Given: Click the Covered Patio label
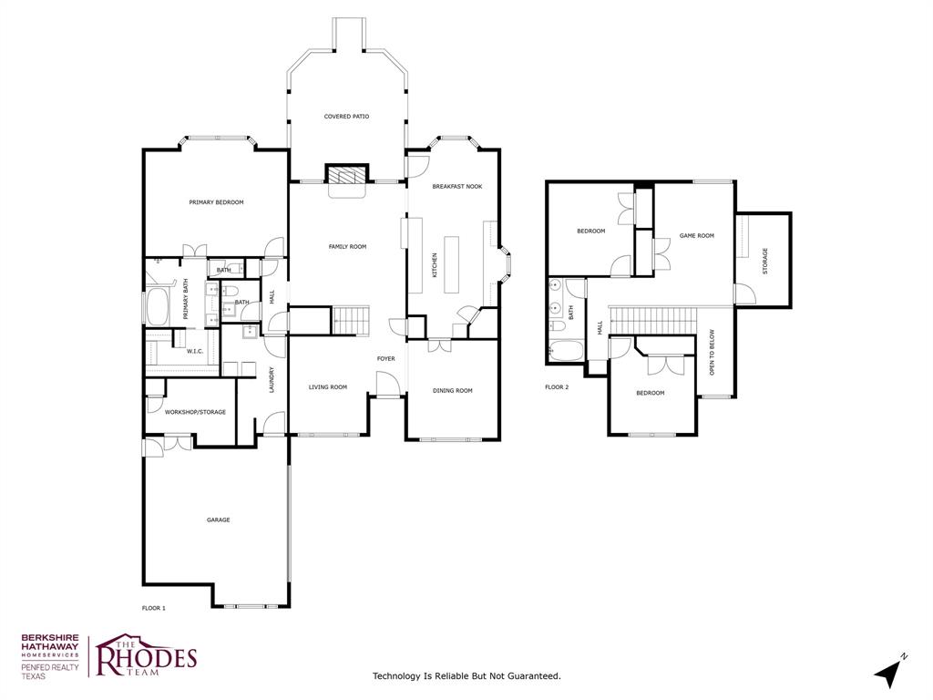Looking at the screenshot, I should (x=346, y=117).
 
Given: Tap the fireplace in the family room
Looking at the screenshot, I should (x=347, y=175).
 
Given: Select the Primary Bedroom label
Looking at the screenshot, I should (x=216, y=202).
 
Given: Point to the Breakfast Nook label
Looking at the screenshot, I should (x=456, y=187).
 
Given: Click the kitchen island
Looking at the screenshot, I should (x=451, y=264).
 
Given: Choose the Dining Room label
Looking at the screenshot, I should (x=452, y=391).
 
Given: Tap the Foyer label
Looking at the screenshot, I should (x=386, y=359).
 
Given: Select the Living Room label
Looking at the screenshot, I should (x=327, y=387).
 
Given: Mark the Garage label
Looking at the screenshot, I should (x=218, y=520).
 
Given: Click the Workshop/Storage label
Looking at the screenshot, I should (x=195, y=412).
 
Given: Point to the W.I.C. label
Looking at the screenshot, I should (x=194, y=351).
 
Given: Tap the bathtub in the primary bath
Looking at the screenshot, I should (x=156, y=308).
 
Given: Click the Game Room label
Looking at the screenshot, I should (x=696, y=236).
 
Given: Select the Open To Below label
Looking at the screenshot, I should (x=713, y=353).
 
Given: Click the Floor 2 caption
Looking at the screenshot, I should (x=556, y=387).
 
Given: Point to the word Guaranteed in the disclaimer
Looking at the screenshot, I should (x=530, y=676).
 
